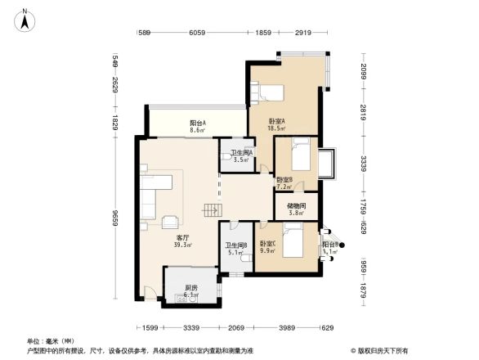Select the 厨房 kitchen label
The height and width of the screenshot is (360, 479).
click(190, 291)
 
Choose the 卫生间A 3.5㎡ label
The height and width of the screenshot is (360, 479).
click(240, 156)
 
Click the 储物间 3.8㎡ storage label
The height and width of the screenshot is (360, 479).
click(297, 209)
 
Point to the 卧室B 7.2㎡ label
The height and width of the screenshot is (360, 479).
click(284, 182)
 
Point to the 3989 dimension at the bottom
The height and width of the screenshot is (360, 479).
click(286, 328)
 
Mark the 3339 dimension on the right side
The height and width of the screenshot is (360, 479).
click(364, 165)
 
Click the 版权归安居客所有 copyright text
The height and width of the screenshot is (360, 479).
click(384, 350)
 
